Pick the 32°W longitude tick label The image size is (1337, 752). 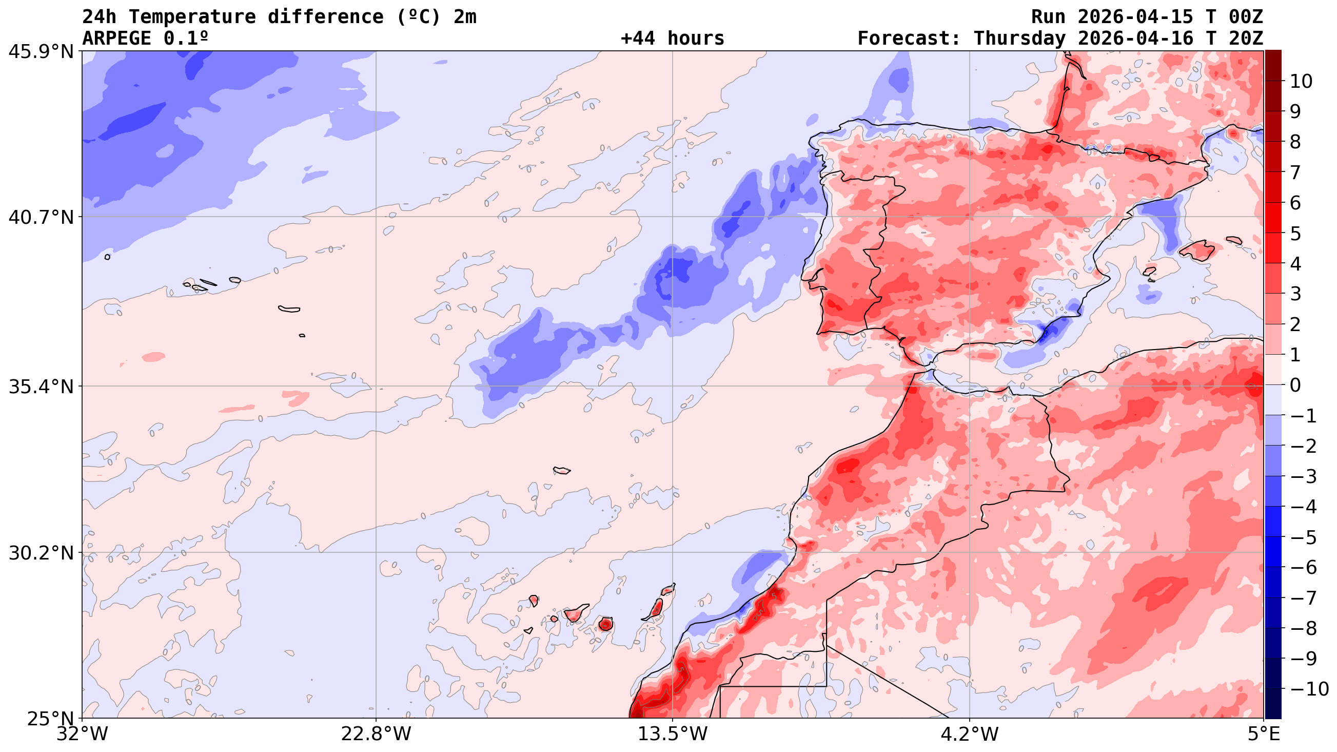[x=82, y=734]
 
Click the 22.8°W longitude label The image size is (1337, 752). [x=376, y=734]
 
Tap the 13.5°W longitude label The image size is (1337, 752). [x=673, y=734]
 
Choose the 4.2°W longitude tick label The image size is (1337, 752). [x=969, y=734]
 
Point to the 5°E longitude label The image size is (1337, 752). [x=1263, y=734]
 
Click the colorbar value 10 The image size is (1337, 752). [x=1301, y=82]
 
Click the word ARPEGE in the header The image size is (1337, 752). [x=117, y=38]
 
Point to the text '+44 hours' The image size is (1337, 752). [x=672, y=38]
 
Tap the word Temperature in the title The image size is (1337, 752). [x=192, y=17]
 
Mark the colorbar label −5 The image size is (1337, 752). [x=1303, y=537]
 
